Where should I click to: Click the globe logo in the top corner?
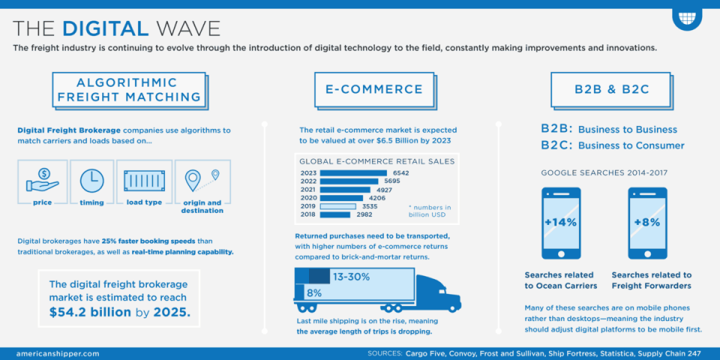(x=686, y=16)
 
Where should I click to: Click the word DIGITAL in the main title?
(x=105, y=28)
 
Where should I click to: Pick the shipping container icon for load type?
(x=145, y=181)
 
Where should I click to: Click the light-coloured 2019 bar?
(x=337, y=206)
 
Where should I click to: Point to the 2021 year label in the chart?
(x=308, y=189)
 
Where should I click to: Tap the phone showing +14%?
(x=561, y=223)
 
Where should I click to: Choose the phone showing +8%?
(x=647, y=223)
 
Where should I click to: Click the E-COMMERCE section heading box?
(x=373, y=90)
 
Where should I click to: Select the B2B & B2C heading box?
(x=611, y=90)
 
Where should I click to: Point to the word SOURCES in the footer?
(x=385, y=353)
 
